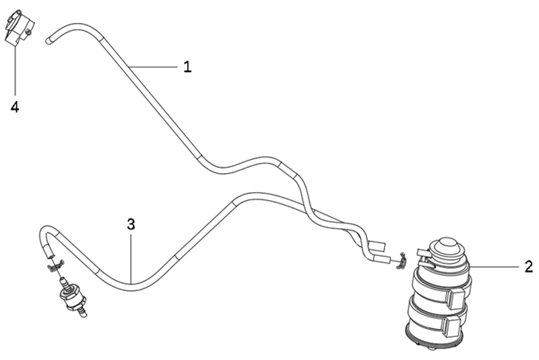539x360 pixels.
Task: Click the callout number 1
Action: (187, 66)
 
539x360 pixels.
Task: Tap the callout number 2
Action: (529, 266)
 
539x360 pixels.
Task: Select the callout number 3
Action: (131, 224)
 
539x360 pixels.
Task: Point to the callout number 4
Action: (15, 107)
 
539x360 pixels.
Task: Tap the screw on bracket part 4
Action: (29, 32)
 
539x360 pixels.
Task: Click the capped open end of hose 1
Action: (49, 40)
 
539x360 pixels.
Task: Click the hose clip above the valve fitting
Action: (55, 266)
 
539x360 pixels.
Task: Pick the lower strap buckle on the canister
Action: (453, 326)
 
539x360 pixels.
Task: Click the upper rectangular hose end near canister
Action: (377, 245)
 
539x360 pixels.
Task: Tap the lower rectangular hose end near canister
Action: (382, 260)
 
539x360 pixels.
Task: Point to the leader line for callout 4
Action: (15, 71)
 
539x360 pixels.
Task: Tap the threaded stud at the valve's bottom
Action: (82, 311)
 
